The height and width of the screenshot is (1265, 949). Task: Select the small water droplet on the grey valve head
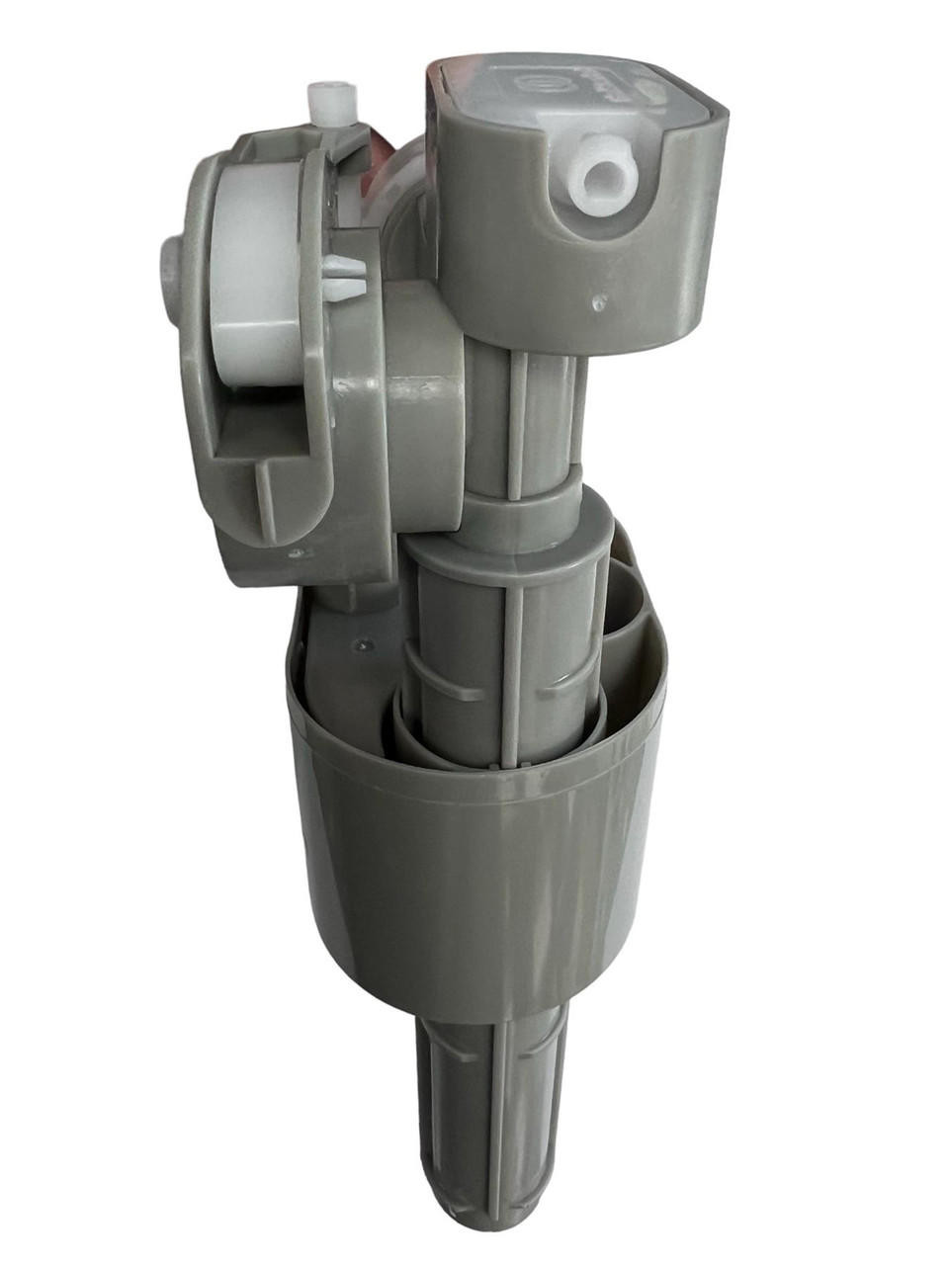tap(596, 300)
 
